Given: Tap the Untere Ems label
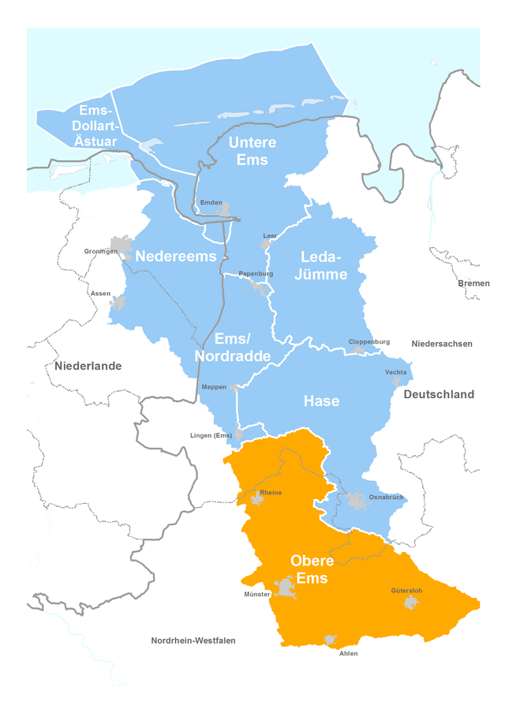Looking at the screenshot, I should [x=252, y=151].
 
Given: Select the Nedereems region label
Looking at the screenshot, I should [x=175, y=257].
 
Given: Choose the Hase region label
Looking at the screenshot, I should [x=321, y=401].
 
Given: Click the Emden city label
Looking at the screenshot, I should [x=211, y=203].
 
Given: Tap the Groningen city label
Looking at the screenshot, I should [x=100, y=251].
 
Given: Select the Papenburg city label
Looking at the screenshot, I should [x=256, y=273].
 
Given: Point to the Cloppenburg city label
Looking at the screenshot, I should [x=369, y=341].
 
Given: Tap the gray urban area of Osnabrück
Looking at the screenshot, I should [x=356, y=501].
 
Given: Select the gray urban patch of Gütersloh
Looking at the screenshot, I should [x=411, y=603].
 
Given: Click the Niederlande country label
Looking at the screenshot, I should [x=88, y=366].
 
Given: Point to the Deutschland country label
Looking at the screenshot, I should [x=439, y=394].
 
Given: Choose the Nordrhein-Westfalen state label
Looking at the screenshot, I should [x=193, y=641].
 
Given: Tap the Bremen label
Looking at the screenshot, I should [x=473, y=283].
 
